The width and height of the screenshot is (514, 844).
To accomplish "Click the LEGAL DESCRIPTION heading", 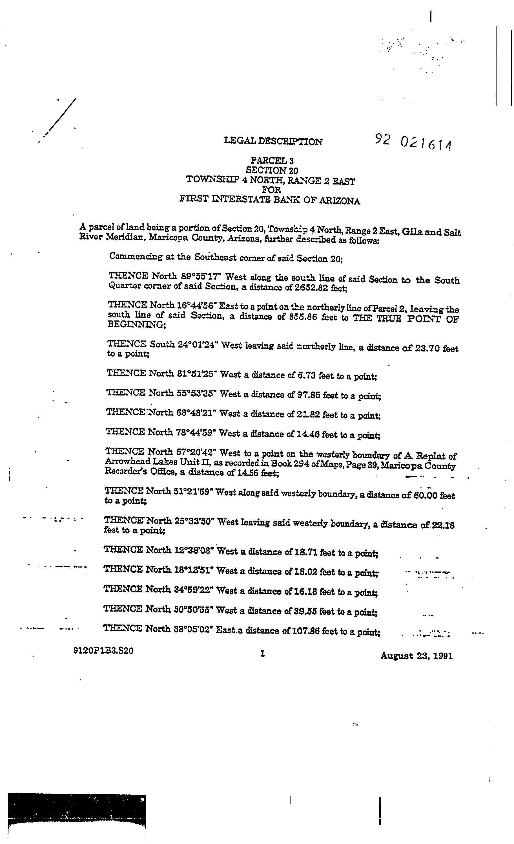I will [273, 141].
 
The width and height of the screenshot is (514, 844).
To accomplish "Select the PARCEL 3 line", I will [272, 160].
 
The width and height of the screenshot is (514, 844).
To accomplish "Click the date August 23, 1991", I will [416, 656].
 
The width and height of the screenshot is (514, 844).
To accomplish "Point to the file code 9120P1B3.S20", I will [103, 650].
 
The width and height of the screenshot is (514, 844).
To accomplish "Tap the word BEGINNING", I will [136, 324].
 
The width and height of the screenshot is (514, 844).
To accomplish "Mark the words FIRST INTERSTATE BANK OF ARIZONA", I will [270, 200].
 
